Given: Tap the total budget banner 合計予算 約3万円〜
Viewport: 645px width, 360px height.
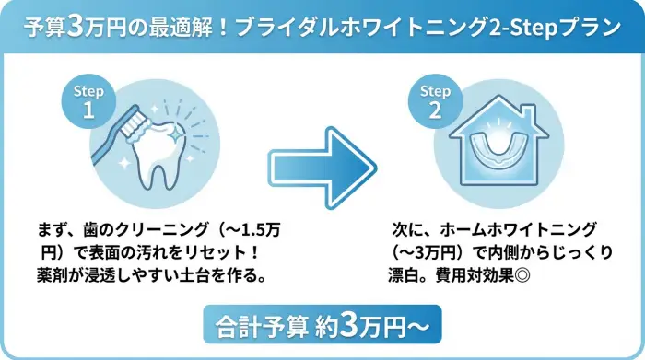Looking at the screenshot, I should (322, 326).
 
